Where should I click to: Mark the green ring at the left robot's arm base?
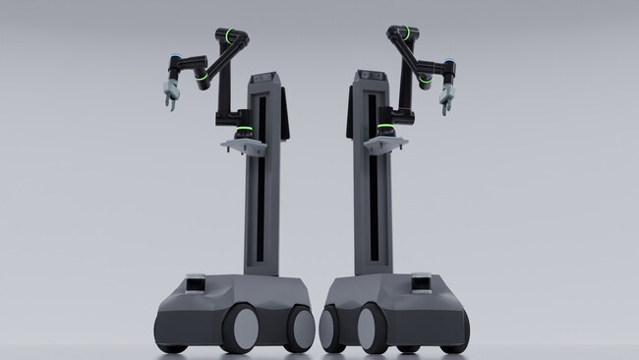(239, 131)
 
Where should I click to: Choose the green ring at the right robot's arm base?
(385, 131)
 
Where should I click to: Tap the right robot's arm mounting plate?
(385, 145)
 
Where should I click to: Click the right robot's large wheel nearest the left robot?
(329, 329)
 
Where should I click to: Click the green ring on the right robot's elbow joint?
(425, 77)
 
